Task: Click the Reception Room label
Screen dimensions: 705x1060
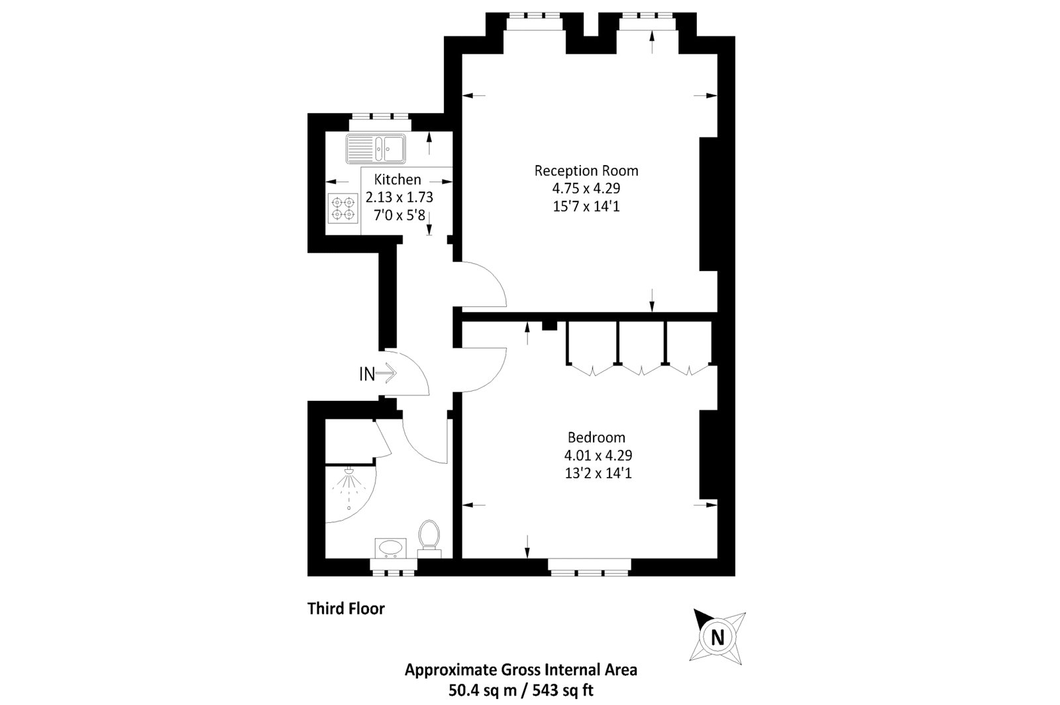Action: tap(586, 171)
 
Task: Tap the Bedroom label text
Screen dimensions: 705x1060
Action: tap(596, 437)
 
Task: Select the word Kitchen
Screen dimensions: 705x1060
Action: tap(397, 180)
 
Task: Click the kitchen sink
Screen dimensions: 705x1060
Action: tap(375, 148)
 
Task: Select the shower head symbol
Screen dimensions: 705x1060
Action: tap(349, 472)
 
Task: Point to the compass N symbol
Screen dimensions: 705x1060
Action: tap(716, 637)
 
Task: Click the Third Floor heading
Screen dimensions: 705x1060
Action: tap(346, 608)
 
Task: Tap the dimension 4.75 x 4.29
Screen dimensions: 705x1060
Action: tap(586, 189)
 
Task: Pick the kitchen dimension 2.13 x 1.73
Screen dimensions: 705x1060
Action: tap(399, 197)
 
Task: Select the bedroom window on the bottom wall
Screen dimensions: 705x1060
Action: tap(590, 565)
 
